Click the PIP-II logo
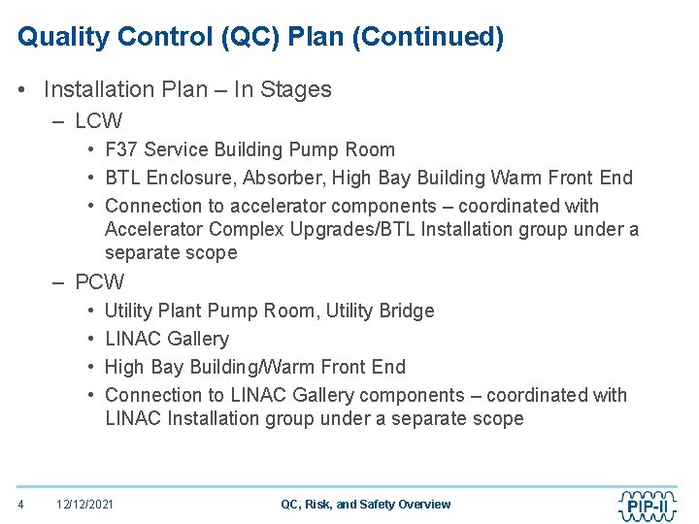pyautogui.click(x=648, y=504)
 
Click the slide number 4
pyautogui.click(x=20, y=504)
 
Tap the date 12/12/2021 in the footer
pyautogui.click(x=84, y=504)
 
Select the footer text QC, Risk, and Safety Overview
pyautogui.click(x=365, y=504)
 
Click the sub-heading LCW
pyautogui.click(x=98, y=121)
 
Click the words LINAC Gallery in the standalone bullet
pyautogui.click(x=167, y=339)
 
